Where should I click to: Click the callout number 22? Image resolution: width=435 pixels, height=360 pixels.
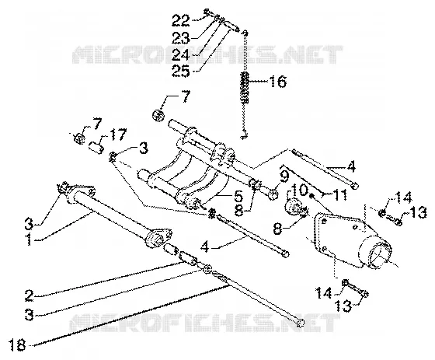(x=180, y=20)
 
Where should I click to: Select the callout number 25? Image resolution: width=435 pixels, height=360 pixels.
(x=180, y=71)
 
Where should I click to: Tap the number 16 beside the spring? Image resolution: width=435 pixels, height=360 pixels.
(x=277, y=82)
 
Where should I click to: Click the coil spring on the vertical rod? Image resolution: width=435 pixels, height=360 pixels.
(x=245, y=87)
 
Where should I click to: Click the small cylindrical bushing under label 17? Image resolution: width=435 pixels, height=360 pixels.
(x=97, y=147)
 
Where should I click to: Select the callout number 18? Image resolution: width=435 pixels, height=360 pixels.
(x=17, y=345)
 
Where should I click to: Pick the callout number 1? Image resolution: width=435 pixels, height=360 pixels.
(x=28, y=240)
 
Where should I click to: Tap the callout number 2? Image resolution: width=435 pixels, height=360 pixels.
(x=29, y=295)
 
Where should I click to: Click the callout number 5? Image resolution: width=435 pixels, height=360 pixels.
(x=238, y=196)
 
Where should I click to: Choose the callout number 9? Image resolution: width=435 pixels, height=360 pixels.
(x=285, y=176)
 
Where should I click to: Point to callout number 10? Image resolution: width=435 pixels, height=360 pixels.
(x=299, y=190)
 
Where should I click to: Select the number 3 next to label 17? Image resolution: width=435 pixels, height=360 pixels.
(x=143, y=148)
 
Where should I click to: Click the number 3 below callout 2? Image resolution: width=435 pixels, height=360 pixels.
(x=29, y=315)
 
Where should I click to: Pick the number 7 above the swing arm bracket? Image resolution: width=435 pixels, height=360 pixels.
(x=186, y=97)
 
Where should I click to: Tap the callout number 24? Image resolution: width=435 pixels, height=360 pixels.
(x=180, y=54)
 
